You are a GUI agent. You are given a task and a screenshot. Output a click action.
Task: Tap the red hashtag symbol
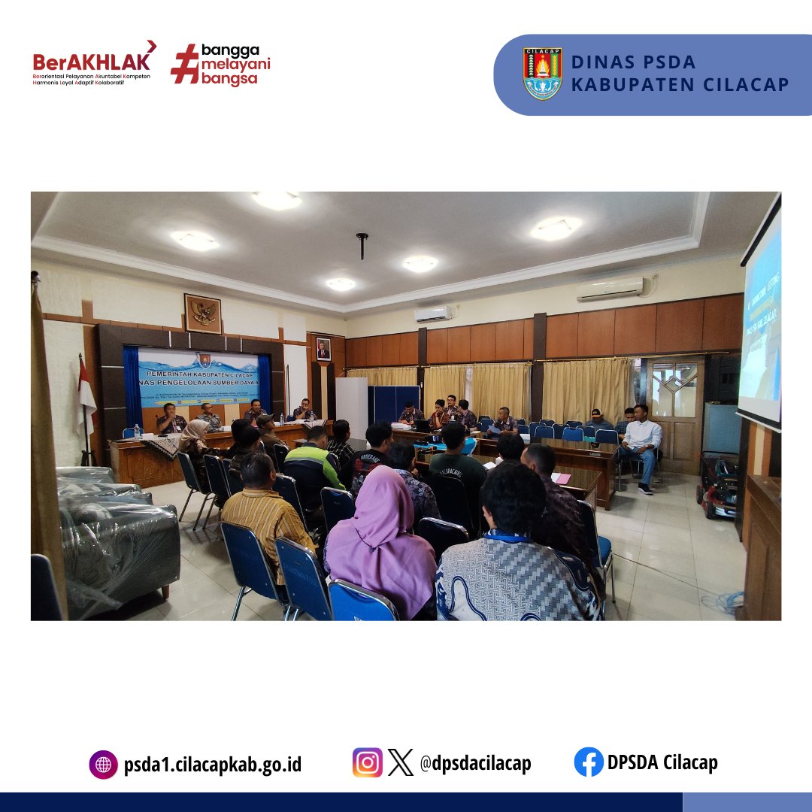[x=184, y=63]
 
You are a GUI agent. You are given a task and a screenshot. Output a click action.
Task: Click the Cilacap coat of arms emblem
[x=542, y=74]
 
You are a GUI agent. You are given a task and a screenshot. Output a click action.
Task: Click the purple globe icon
[x=103, y=765]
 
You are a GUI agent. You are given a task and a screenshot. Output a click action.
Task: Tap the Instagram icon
[x=367, y=762]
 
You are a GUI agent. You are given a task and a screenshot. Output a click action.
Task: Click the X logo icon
[x=401, y=763]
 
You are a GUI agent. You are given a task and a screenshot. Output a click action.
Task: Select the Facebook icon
[x=589, y=762]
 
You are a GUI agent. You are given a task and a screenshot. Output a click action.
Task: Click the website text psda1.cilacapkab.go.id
[x=213, y=765]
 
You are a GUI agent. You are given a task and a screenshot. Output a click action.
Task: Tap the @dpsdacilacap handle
[x=475, y=763]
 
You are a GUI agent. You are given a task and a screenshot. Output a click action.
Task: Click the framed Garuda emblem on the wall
[x=203, y=314]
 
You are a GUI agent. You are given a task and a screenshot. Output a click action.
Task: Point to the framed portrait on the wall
[x=323, y=349]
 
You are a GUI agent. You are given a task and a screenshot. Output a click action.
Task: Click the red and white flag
[x=86, y=391]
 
